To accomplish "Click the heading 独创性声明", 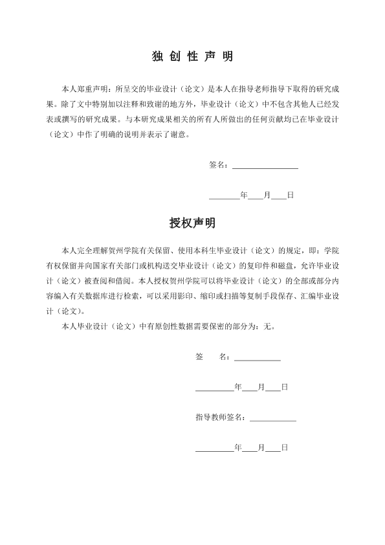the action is [x=192, y=57].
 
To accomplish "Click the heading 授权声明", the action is [x=192, y=223].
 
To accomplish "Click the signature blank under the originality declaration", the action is [x=265, y=165].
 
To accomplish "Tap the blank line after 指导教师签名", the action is [x=272, y=417].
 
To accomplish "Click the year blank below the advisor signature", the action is [x=214, y=447].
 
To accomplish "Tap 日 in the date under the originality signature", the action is [x=291, y=194].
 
